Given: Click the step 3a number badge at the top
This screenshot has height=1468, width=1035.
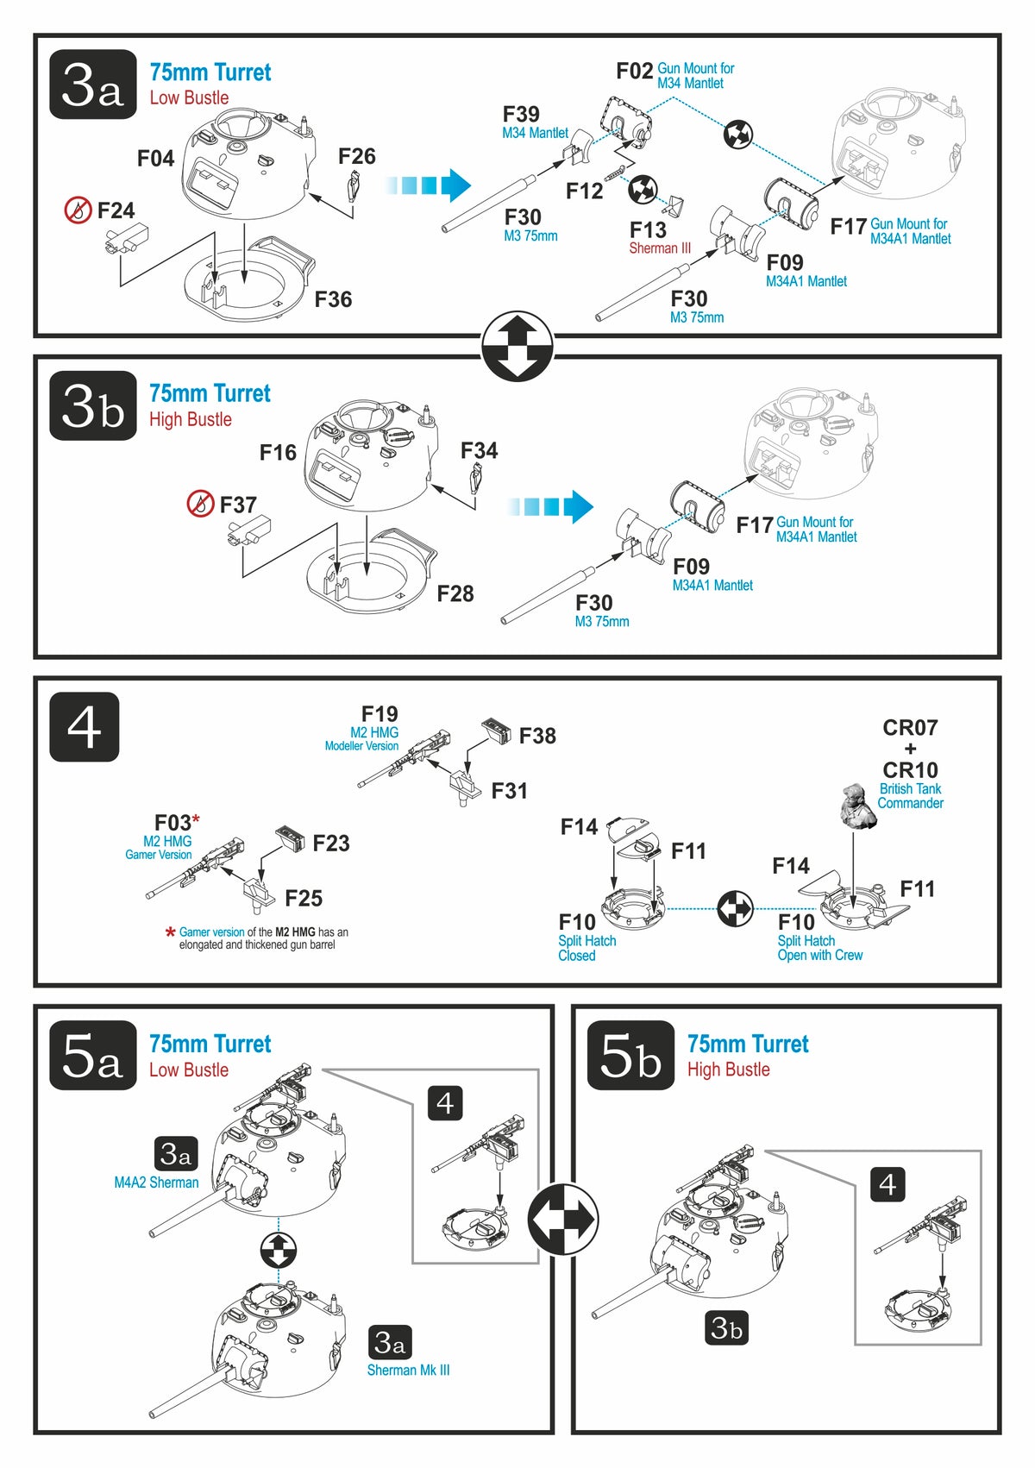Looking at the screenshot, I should point(93,85).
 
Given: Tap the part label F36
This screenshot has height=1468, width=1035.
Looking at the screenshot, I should point(333,299).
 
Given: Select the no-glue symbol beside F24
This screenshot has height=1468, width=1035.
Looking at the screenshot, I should point(78,210).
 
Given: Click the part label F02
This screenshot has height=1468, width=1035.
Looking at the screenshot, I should point(634,72).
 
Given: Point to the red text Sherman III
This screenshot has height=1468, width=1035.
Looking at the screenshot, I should point(660,248).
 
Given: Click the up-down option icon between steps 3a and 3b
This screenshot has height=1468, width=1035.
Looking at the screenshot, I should point(517,346).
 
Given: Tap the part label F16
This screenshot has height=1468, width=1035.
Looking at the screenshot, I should point(278,453).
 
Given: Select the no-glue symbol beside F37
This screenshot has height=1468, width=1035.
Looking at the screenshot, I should point(200,504).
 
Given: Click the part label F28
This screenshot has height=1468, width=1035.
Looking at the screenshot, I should point(455,593).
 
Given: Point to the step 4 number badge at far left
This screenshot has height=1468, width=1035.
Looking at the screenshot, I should point(85,727).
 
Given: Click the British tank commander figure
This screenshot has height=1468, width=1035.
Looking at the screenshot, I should point(858,807).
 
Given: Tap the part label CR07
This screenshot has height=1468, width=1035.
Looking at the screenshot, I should point(910,728).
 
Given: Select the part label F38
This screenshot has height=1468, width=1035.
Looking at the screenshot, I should point(537,736).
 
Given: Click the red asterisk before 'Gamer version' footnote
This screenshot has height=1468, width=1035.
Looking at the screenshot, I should point(171,932).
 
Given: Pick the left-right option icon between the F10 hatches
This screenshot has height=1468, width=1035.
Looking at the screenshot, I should point(736,908).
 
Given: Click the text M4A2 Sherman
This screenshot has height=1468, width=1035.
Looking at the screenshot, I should point(156,1183).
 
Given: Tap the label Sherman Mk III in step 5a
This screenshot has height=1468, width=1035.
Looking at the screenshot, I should point(408,1370).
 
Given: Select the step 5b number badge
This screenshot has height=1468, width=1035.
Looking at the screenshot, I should point(631,1056).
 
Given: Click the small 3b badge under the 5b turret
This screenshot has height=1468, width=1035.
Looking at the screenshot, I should point(726,1328).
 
